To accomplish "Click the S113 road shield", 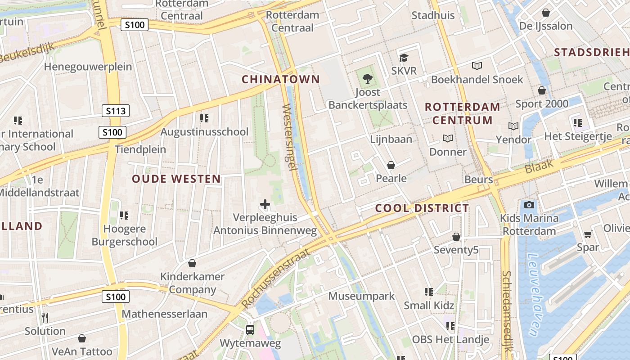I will (116, 111).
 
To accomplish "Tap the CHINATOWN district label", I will (281, 80).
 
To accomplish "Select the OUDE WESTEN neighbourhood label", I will (176, 179).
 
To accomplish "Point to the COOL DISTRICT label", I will (422, 208).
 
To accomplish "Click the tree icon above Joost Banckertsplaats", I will (368, 79).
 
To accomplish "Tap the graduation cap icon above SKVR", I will (404, 58).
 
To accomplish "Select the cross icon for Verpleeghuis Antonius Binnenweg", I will (265, 205).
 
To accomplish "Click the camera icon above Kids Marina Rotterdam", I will (529, 205).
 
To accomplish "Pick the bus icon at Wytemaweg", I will (250, 330).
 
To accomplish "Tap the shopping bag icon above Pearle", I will (391, 165).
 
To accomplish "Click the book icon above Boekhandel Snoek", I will (477, 66).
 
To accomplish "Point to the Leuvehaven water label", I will (536, 295).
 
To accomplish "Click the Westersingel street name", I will (289, 137).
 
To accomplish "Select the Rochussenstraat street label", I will (275, 279).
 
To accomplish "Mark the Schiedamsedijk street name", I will (507, 310).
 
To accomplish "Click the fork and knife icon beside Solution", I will (45, 318).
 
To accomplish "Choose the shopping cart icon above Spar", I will (588, 234).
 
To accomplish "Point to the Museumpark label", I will (361, 296).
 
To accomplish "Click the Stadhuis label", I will (433, 15).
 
